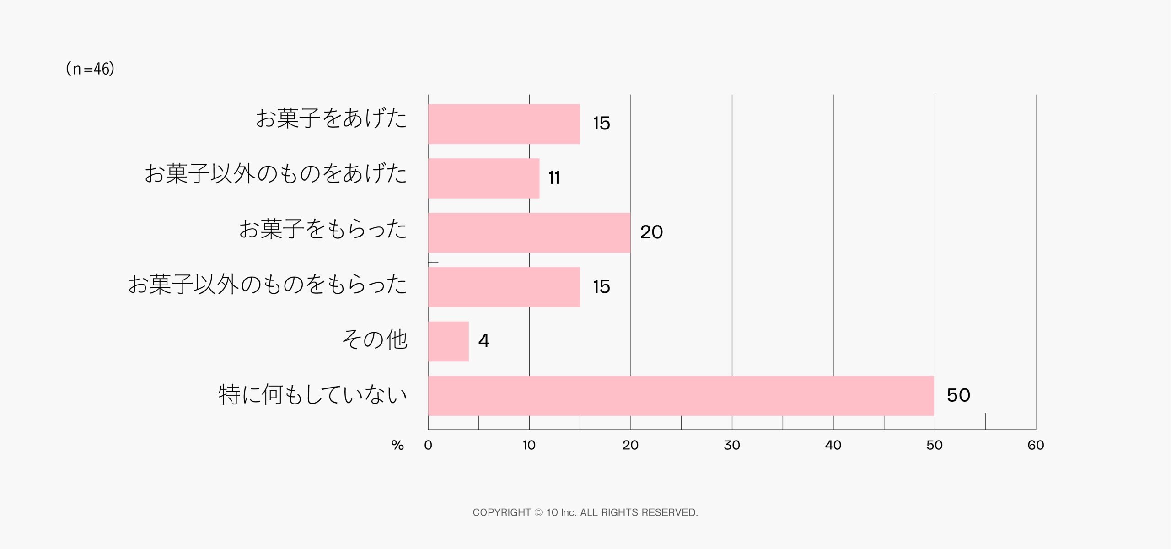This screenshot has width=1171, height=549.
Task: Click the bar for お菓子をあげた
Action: pyautogui.click(x=504, y=124)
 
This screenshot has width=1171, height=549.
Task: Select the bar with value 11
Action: pyautogui.click(x=483, y=178)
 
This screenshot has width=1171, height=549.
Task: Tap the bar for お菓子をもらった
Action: pyautogui.click(x=529, y=233)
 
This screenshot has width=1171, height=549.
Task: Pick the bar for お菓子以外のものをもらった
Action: pyautogui.click(x=504, y=287)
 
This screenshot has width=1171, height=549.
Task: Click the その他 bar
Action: pyautogui.click(x=448, y=342)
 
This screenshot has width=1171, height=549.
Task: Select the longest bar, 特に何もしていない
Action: pyautogui.click(x=681, y=396)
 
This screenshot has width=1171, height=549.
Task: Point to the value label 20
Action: pyautogui.click(x=651, y=232)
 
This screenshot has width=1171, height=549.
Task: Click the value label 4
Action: pyautogui.click(x=483, y=341)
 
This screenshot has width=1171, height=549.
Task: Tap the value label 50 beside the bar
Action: pyautogui.click(x=958, y=395)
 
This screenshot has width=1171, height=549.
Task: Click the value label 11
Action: pyautogui.click(x=554, y=178)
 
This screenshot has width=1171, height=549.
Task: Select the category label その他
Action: pyautogui.click(x=375, y=340)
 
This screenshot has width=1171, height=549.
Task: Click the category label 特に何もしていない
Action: pyautogui.click(x=313, y=395)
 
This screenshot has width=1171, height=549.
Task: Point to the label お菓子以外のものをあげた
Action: pyautogui.click(x=276, y=174)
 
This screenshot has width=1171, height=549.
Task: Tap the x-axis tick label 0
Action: pyautogui.click(x=428, y=445)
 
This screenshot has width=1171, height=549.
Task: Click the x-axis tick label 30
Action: pyautogui.click(x=732, y=445)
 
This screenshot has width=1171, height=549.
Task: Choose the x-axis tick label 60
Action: pyautogui.click(x=1036, y=445)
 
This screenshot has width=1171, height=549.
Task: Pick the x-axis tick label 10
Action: pyautogui.click(x=529, y=445)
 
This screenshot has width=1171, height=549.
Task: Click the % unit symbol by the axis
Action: pyautogui.click(x=397, y=446)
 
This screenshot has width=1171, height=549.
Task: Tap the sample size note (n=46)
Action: pyautogui.click(x=90, y=69)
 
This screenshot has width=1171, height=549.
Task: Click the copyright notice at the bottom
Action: pyautogui.click(x=585, y=512)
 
